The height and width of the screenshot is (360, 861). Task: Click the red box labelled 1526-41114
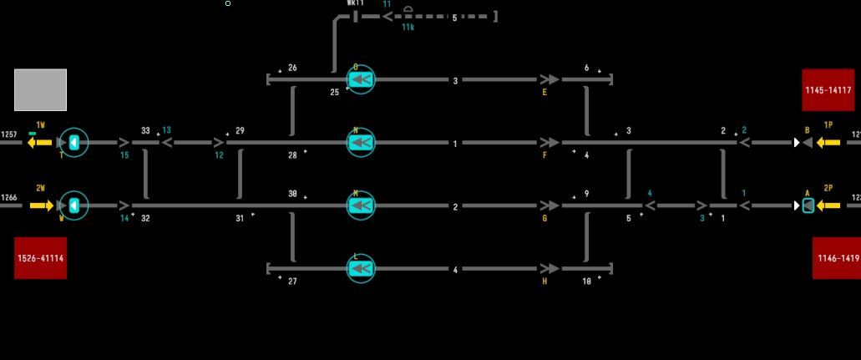pyautogui.click(x=40, y=258)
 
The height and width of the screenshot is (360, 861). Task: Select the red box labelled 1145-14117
pyautogui.click(x=828, y=90)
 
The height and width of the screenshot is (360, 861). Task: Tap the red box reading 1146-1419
pyautogui.click(x=836, y=258)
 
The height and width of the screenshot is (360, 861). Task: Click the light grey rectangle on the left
pyautogui.click(x=40, y=90)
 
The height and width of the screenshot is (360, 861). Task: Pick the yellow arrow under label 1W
pyautogui.click(x=39, y=143)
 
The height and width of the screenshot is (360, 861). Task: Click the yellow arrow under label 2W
pyautogui.click(x=41, y=205)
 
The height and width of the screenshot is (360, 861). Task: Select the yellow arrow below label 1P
pyautogui.click(x=828, y=143)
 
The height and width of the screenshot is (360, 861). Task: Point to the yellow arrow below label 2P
pyautogui.click(x=828, y=205)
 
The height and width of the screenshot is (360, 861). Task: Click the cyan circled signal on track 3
pyautogui.click(x=361, y=79)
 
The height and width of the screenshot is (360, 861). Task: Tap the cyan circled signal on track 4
pyautogui.click(x=361, y=268)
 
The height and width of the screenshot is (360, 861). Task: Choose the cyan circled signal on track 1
pyautogui.click(x=361, y=143)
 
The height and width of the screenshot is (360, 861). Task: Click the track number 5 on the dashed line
pyautogui.click(x=454, y=17)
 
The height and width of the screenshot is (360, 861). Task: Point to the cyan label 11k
pyautogui.click(x=408, y=28)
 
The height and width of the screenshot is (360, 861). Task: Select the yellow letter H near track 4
pyautogui.click(x=544, y=281)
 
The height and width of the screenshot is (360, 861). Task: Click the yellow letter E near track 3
pyautogui.click(x=544, y=93)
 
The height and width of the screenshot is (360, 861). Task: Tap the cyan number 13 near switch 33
pyautogui.click(x=166, y=130)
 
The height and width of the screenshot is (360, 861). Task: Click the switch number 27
pyautogui.click(x=292, y=281)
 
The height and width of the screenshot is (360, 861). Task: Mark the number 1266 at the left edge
pyautogui.click(x=9, y=198)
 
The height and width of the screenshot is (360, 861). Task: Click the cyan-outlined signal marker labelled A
pyautogui.click(x=808, y=205)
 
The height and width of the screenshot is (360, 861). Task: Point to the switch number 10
pyautogui.click(x=586, y=281)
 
